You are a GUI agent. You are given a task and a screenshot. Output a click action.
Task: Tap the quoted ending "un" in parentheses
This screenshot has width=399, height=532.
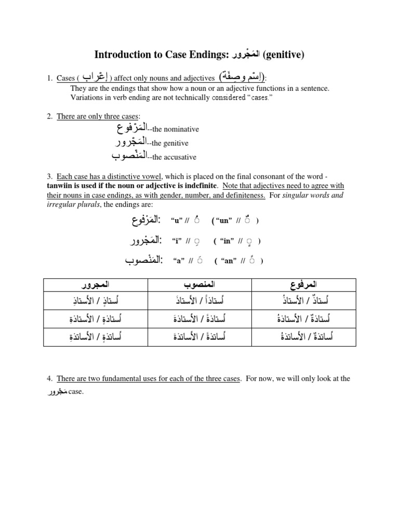(224, 220)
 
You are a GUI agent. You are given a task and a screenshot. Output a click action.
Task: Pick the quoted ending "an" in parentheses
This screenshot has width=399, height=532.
(229, 261)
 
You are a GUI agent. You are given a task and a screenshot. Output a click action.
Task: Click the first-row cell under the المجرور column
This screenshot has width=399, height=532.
(97, 300)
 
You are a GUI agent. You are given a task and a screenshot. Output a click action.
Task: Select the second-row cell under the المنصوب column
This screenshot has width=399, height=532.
(200, 318)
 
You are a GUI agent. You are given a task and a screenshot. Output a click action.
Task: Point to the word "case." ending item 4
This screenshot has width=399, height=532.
(76, 392)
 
